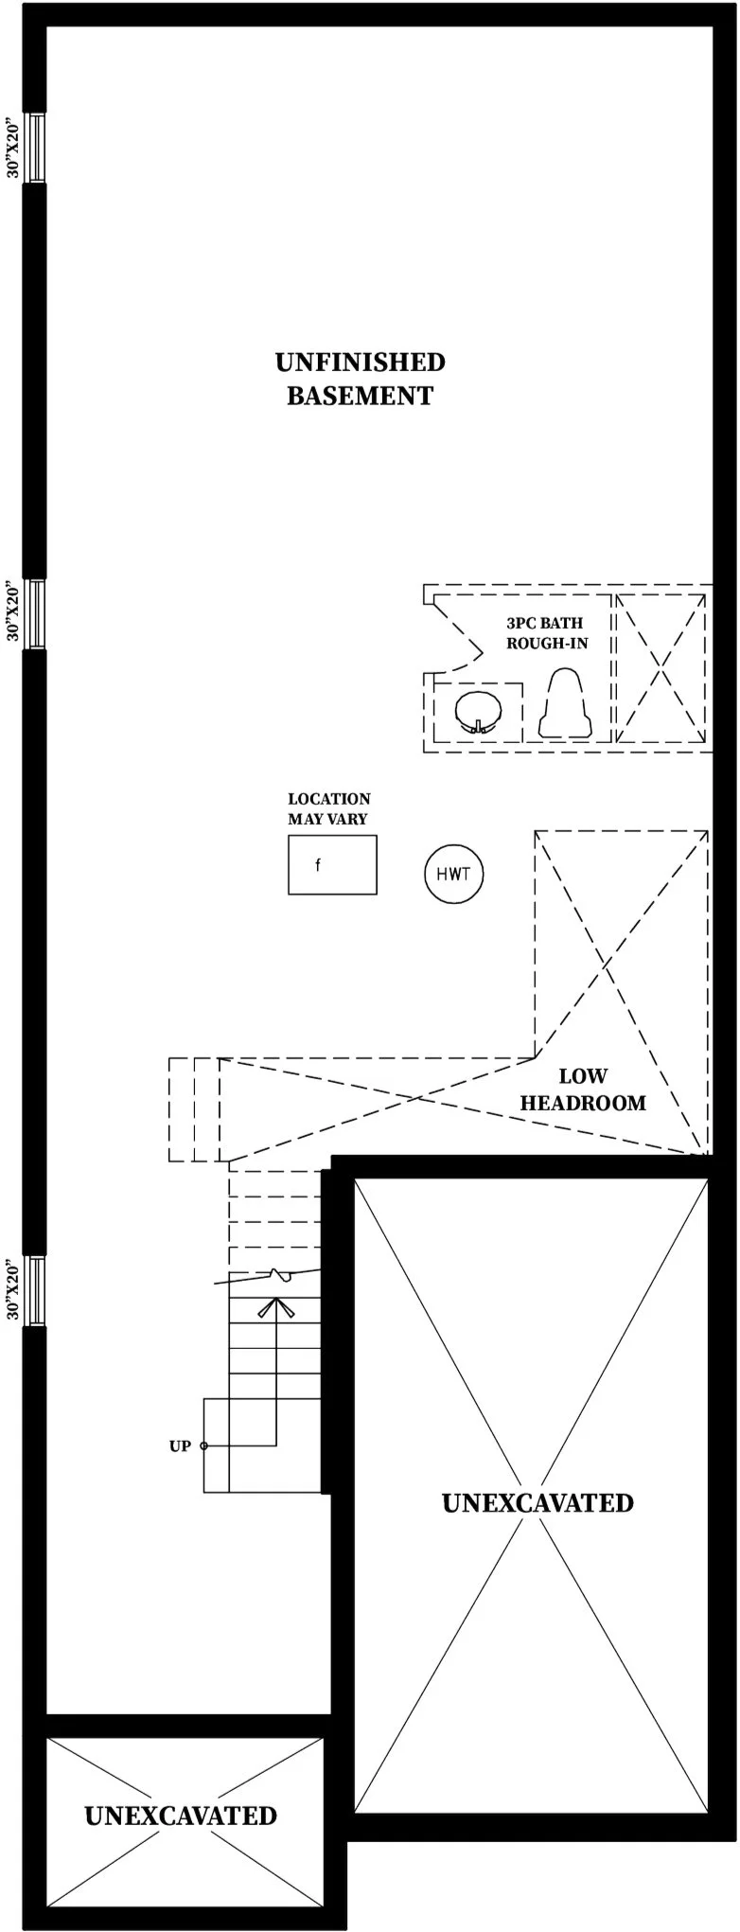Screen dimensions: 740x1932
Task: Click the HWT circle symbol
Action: point(453,874)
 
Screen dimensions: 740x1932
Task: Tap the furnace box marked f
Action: point(332,864)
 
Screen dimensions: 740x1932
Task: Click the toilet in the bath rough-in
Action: point(565,705)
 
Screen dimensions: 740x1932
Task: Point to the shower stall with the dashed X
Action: point(661,668)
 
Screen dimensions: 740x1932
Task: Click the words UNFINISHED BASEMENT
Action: point(360,379)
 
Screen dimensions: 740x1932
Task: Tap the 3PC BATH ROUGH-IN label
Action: point(546,633)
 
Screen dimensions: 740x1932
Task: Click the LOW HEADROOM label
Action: point(583,1090)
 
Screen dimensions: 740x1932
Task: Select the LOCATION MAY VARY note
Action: point(328,808)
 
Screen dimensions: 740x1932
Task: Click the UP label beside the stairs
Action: point(180,1446)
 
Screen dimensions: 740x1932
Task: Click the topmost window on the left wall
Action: point(35,148)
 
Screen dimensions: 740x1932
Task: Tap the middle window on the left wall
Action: point(35,613)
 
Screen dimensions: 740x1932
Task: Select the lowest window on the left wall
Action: point(35,1290)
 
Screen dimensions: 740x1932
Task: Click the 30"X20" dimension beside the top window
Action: point(12,148)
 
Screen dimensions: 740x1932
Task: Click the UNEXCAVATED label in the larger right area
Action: point(537,1502)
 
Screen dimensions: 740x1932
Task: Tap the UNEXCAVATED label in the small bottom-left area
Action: point(181,1816)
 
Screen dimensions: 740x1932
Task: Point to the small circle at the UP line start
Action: point(204,1446)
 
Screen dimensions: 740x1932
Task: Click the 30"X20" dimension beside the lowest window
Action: point(12,1290)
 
